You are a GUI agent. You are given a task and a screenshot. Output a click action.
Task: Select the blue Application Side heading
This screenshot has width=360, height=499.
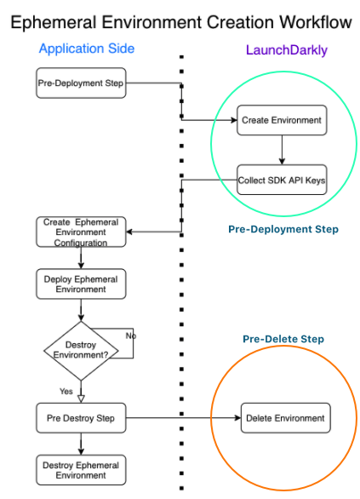pyautogui.click(x=86, y=49)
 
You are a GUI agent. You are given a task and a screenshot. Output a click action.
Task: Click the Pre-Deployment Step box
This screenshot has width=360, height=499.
pyautogui.click(x=81, y=83)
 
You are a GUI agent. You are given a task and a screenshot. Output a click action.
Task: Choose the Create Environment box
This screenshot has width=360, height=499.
pyautogui.click(x=281, y=120)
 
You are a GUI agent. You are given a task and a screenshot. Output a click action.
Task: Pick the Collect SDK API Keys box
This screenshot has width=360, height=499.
pyautogui.click(x=281, y=180)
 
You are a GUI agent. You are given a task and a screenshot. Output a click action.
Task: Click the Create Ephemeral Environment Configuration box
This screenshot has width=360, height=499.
pyautogui.click(x=81, y=232)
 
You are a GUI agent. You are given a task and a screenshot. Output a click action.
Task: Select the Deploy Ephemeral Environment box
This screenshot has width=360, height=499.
pyautogui.click(x=81, y=284)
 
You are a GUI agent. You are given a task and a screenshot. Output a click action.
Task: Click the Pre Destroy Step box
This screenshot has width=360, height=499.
pyautogui.click(x=81, y=418)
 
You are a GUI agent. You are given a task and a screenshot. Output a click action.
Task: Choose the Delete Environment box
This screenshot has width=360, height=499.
pyautogui.click(x=285, y=418)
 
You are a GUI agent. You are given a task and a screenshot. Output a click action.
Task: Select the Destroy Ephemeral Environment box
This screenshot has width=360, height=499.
pyautogui.click(x=81, y=469)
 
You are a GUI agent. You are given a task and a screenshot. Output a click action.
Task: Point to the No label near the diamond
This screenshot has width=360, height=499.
pyautogui.click(x=131, y=336)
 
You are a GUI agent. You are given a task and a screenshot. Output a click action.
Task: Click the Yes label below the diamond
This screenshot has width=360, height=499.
pyautogui.click(x=66, y=391)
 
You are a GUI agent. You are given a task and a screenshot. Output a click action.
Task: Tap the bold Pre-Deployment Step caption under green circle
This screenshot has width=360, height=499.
pyautogui.click(x=283, y=230)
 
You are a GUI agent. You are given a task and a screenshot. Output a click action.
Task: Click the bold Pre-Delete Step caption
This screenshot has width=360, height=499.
pyautogui.click(x=283, y=339)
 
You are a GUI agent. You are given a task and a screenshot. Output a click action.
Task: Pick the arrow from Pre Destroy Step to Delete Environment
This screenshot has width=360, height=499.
pyautogui.click(x=183, y=418)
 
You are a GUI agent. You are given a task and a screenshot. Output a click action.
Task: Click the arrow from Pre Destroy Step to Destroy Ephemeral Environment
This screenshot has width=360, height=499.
pyautogui.click(x=81, y=444)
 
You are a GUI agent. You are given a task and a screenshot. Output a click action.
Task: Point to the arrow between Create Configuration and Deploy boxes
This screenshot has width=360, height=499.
pyautogui.click(x=81, y=258)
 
